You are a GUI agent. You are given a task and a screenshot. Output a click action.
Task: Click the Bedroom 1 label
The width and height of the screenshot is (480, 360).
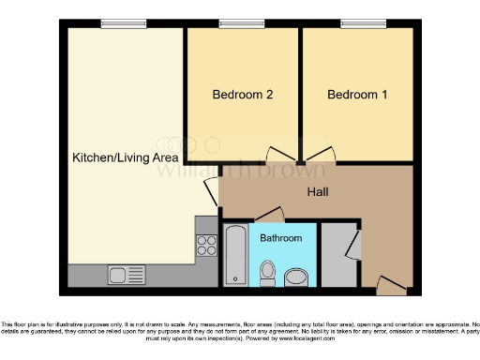(x=357, y=95)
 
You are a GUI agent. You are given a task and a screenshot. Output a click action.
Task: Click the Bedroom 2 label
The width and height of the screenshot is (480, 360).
(x=243, y=95)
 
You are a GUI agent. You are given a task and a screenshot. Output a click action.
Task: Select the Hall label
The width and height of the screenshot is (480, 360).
(x=318, y=192)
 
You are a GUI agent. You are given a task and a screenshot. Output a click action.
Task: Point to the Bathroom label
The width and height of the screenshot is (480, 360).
(x=281, y=238)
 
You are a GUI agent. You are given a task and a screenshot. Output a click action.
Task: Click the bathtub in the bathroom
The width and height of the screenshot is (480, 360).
(x=235, y=254)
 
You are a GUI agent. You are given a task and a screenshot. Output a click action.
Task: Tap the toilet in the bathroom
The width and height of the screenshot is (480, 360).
(x=266, y=273)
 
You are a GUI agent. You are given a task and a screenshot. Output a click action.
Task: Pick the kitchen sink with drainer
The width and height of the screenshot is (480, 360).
(x=126, y=275)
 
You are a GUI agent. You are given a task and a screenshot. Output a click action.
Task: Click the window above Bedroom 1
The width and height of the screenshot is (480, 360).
(x=354, y=23)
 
